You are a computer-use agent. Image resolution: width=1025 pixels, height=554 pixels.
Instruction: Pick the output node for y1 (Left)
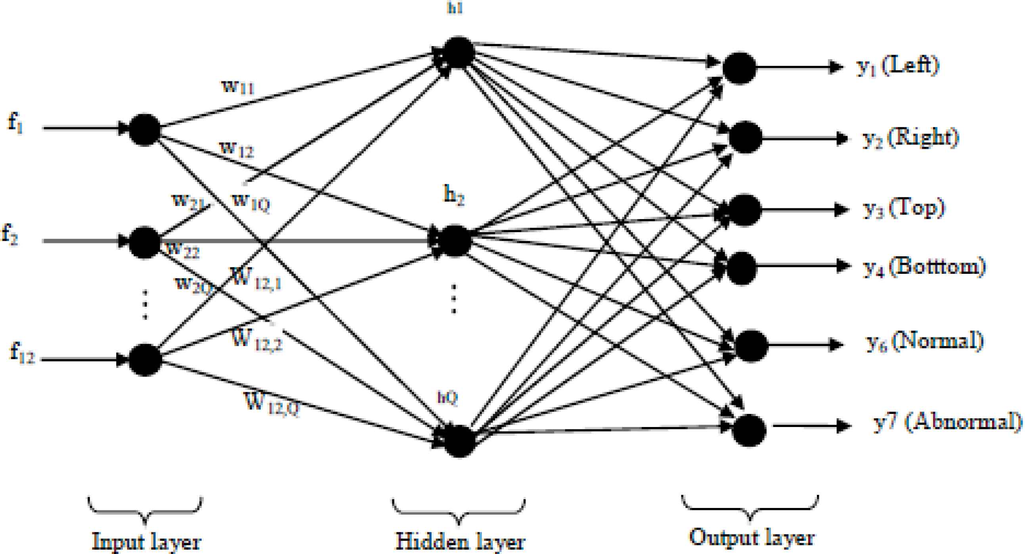pyautogui.click(x=739, y=68)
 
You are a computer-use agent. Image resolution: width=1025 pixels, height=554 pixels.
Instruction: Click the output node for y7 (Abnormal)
pyautogui.click(x=749, y=430)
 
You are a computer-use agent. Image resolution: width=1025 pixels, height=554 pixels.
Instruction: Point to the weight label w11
pyautogui.click(x=237, y=87)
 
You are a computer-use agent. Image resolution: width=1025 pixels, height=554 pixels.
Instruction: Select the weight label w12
pyautogui.click(x=236, y=149)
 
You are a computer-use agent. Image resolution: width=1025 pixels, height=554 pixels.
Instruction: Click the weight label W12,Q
pyautogui.click(x=272, y=404)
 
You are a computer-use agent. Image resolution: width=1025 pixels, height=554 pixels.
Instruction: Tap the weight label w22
pyautogui.click(x=183, y=250)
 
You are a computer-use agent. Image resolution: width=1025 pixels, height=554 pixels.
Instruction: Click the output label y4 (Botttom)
pyautogui.click(x=924, y=267)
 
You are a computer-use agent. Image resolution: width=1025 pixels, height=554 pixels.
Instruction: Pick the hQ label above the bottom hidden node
pyautogui.click(x=447, y=398)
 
